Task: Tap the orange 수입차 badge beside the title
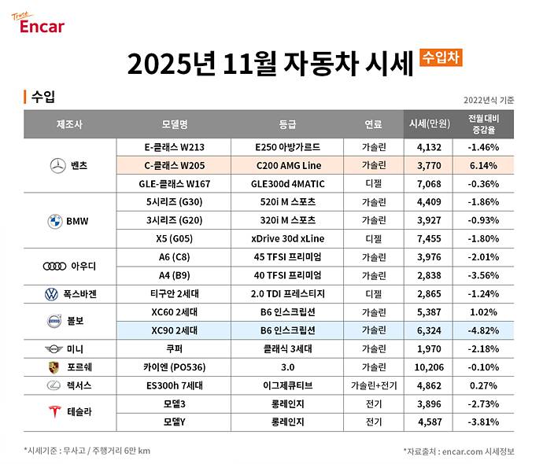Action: pos(441,57)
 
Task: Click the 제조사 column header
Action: pos(69,124)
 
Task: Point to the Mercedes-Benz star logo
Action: pos(57,166)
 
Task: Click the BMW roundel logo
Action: pos(54,221)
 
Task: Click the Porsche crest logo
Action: pos(54,367)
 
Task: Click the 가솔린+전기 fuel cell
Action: pos(372,385)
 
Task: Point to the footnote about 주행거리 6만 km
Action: pos(87,450)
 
